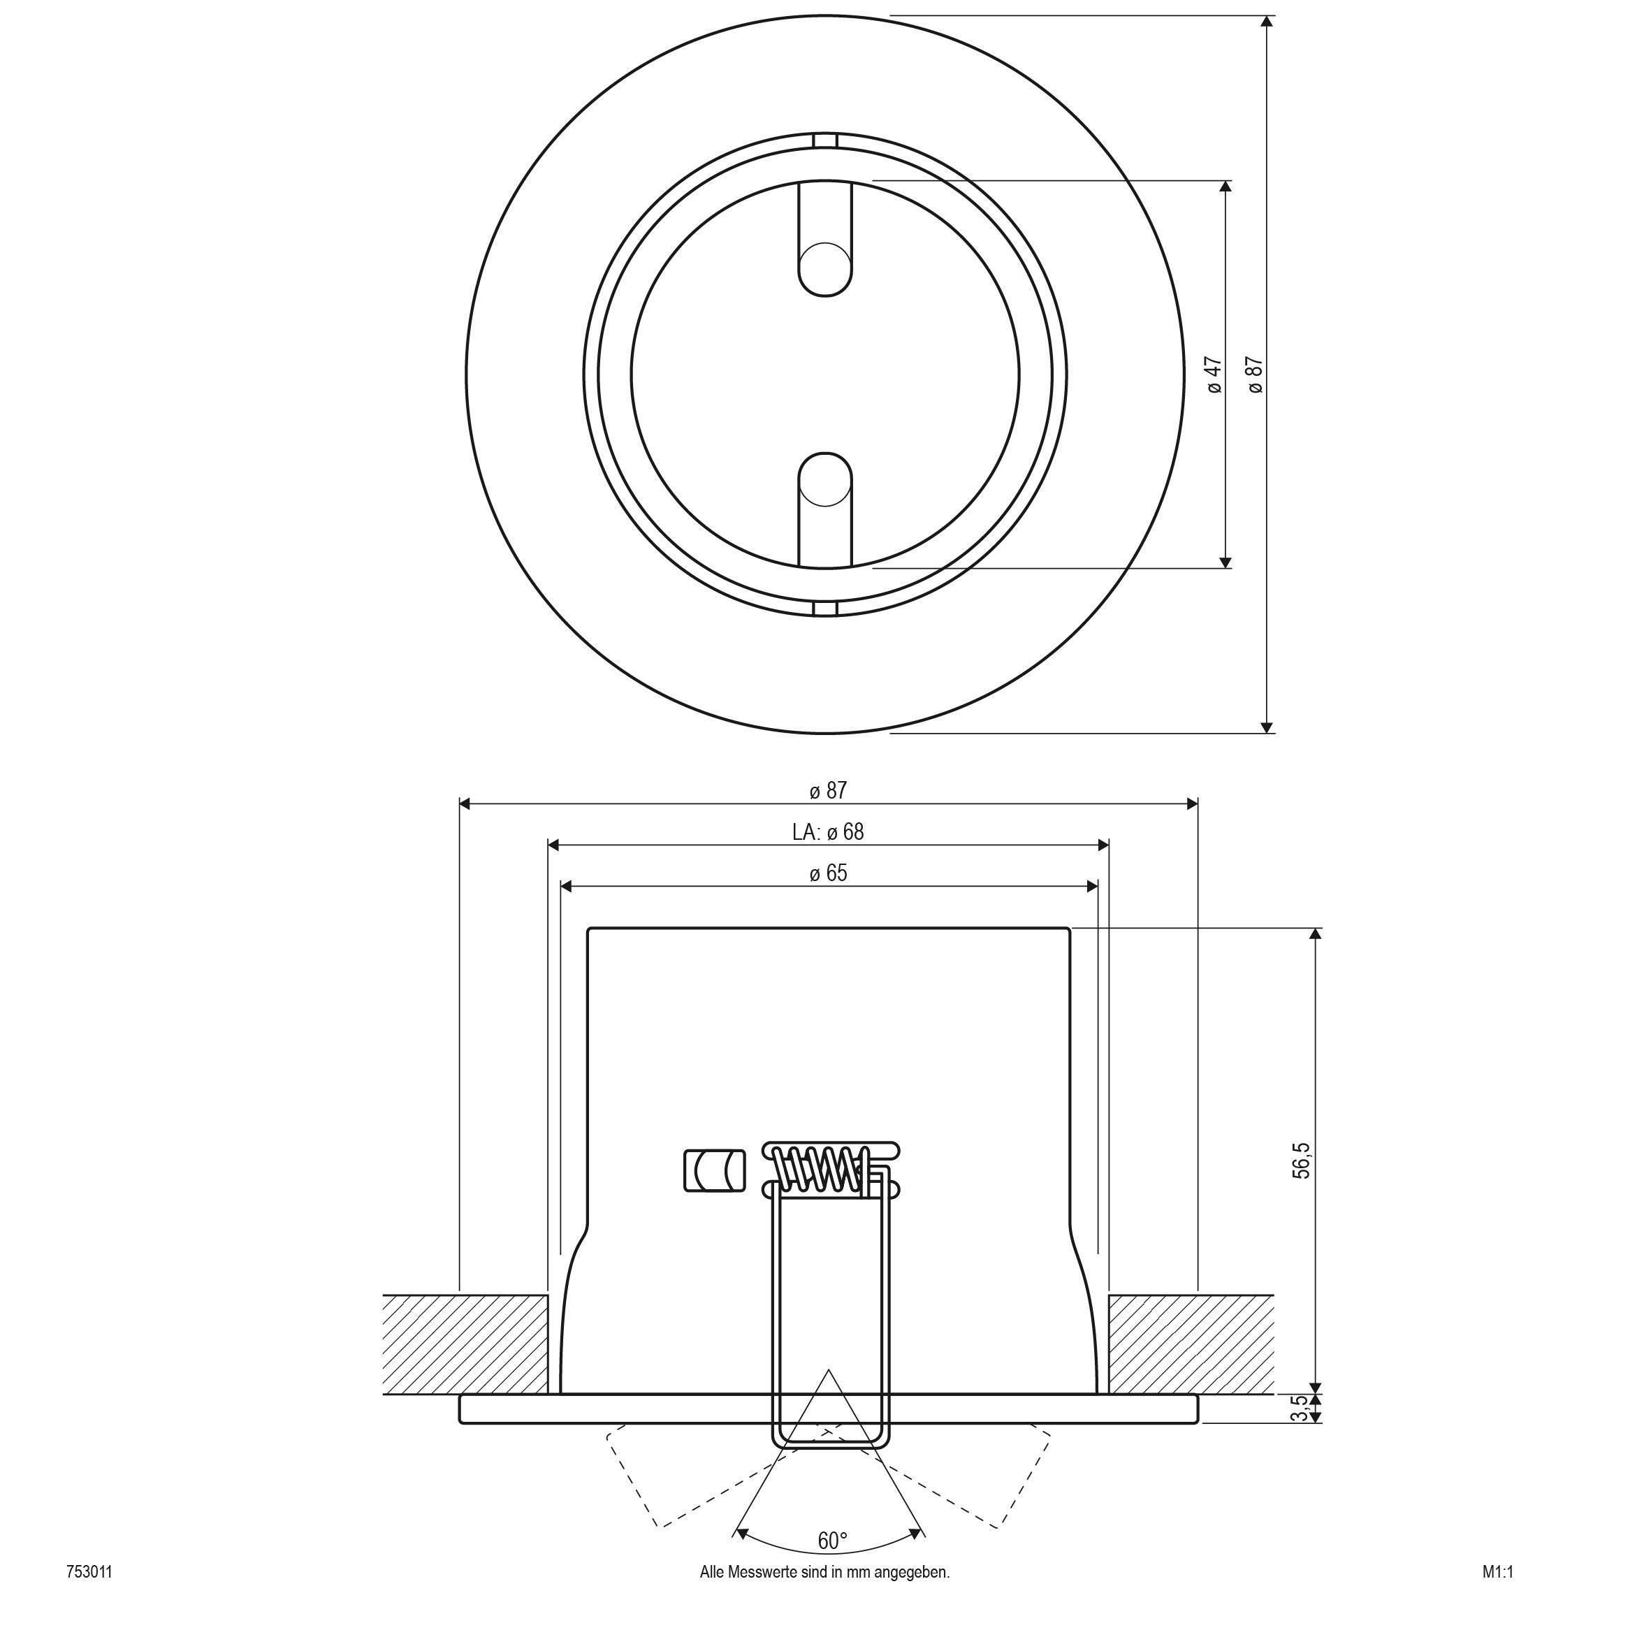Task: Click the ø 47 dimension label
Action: pos(1214,375)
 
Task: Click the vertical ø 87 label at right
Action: pos(1256,375)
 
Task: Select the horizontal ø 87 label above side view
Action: pos(828,790)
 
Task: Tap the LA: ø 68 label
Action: pos(827,831)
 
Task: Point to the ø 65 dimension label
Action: pos(828,873)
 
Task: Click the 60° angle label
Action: pos(832,1541)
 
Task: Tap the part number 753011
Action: pos(89,1595)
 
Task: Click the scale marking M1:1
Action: pos(1498,1595)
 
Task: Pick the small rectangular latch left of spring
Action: pos(714,1171)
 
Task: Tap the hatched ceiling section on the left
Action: pos(466,1344)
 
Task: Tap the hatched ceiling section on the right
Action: pos(1191,1344)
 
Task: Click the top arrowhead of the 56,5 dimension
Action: pos(1315,934)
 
